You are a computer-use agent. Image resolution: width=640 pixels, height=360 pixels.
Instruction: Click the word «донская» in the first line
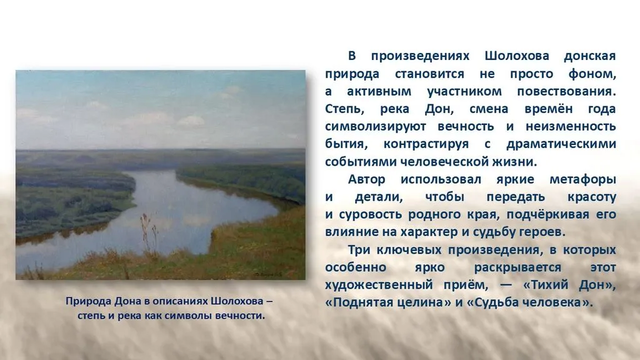tap(590, 56)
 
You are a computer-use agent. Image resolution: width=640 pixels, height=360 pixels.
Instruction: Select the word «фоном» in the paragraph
tap(591, 74)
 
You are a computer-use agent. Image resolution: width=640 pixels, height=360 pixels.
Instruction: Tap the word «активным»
tap(379, 91)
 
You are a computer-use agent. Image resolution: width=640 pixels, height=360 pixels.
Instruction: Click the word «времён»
tap(549, 109)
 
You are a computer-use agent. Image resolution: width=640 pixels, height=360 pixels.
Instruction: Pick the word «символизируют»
tap(376, 126)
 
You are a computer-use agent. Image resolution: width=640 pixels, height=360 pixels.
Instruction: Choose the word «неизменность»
tap(571, 126)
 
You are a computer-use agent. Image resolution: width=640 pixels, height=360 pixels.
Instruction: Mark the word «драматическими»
tap(561, 144)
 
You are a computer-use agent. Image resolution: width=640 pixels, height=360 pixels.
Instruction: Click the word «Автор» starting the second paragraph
tap(366, 179)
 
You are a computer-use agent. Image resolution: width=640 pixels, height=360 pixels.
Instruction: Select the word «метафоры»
tap(583, 179)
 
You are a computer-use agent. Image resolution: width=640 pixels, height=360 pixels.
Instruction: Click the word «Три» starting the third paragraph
tap(359, 249)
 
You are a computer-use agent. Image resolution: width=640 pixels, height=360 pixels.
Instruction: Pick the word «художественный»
tap(379, 284)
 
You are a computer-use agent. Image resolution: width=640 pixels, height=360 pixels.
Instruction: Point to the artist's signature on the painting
tap(268, 273)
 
